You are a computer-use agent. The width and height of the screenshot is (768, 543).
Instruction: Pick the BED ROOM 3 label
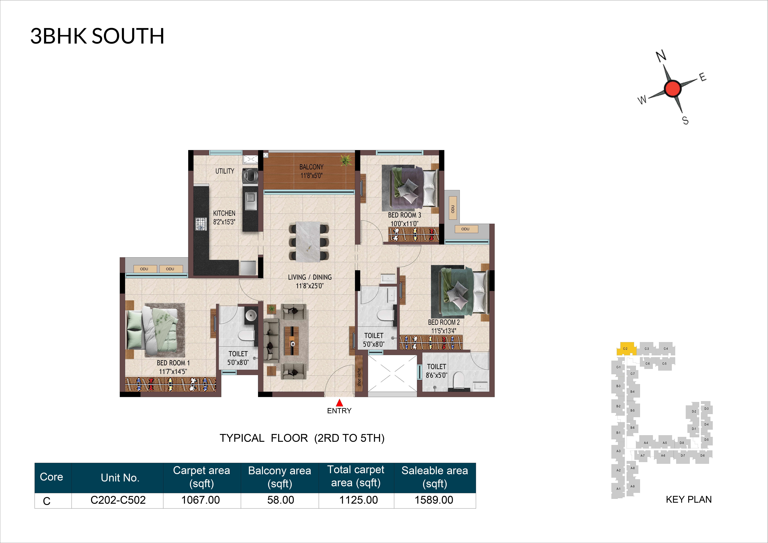pyautogui.click(x=404, y=215)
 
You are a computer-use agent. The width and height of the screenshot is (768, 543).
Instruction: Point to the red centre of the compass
pyautogui.click(x=672, y=89)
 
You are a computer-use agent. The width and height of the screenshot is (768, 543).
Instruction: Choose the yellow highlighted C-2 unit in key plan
pyautogui.click(x=625, y=349)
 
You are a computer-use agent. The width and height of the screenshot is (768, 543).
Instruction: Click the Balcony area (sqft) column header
pyautogui.click(x=280, y=477)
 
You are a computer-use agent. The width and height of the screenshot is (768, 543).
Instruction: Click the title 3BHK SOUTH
pyautogui.click(x=97, y=36)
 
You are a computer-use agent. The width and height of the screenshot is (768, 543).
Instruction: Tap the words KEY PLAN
pyautogui.click(x=689, y=500)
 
